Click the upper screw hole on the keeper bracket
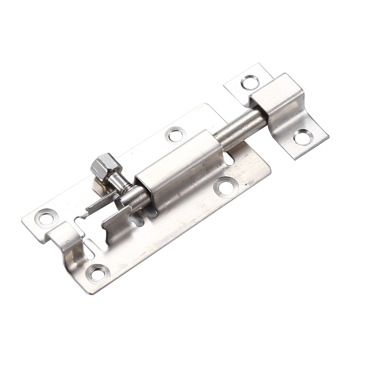(x=250, y=82)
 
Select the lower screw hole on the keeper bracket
(x=303, y=136)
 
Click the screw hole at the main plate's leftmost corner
(x=46, y=217)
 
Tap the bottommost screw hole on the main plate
(x=97, y=273)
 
